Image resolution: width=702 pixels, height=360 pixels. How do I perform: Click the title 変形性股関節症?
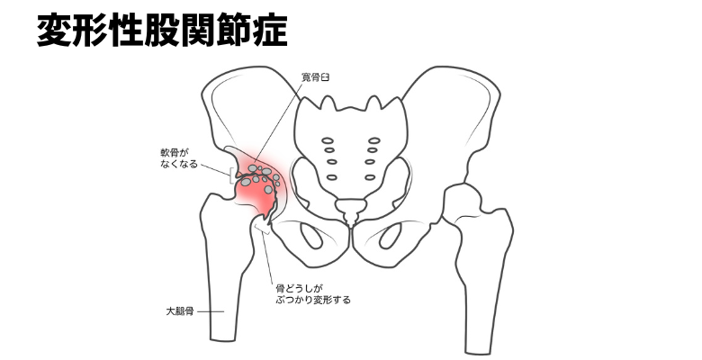pos(162,29)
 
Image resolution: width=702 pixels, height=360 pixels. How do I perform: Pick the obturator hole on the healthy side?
pos(391,237)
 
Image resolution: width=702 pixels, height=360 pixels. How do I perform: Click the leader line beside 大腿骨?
pos(211,312)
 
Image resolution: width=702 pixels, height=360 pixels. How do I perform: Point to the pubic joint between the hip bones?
pos(350,236)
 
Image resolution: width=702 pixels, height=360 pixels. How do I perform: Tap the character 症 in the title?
pos(270,29)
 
